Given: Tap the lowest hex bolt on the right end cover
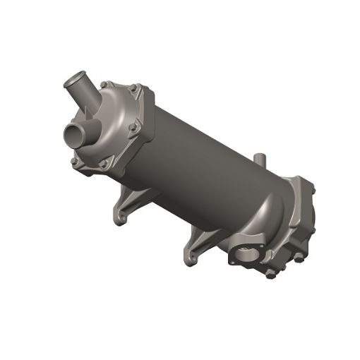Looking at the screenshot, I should (269, 274).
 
